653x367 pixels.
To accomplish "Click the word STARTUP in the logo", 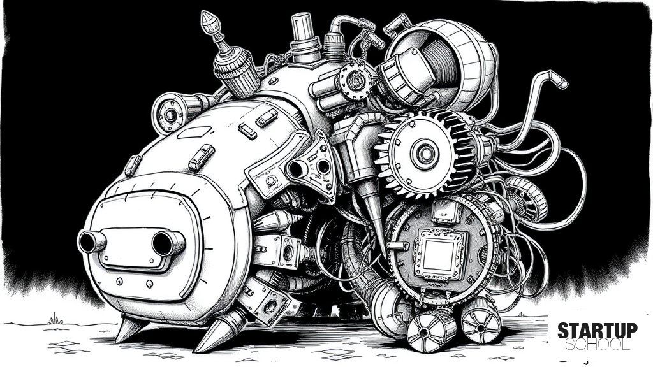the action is click(x=597, y=331).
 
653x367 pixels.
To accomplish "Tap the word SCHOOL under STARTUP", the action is click(x=597, y=344).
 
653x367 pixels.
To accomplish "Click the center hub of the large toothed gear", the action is click(x=425, y=154).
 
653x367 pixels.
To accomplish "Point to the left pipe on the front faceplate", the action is click(x=91, y=241).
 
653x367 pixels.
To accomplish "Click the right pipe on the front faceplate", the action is click(x=168, y=243).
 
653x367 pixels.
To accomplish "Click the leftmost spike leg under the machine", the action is click(x=128, y=328).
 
